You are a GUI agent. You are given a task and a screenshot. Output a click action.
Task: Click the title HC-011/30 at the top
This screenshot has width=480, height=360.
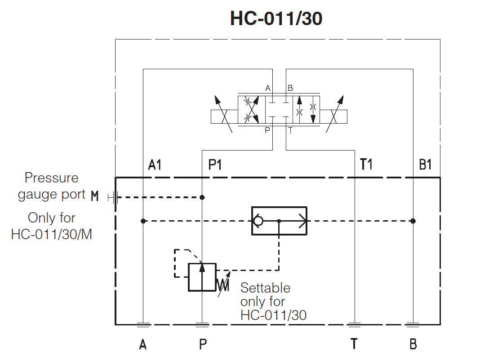tap(276, 19)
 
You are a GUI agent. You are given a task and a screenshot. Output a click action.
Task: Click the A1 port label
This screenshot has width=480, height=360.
tap(155, 165)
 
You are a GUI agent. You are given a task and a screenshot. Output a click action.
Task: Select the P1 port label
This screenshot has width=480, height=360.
tap(215, 165)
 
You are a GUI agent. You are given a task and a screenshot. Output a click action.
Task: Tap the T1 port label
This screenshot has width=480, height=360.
tap(366, 165)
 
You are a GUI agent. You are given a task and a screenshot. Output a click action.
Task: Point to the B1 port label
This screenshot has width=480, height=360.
tap(425, 165)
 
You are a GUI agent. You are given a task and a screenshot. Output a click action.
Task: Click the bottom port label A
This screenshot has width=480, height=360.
tap(143, 344)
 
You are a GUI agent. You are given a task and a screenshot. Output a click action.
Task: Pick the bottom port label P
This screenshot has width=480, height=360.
tap(203, 344)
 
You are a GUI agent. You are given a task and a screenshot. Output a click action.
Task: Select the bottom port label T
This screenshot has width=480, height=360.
tap(354, 344)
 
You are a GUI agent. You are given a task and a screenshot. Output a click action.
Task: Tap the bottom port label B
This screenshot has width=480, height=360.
tap(413, 344)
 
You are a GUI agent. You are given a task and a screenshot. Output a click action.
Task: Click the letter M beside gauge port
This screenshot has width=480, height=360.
tap(94, 196)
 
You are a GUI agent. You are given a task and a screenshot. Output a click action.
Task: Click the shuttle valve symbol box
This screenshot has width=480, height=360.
tap(279, 221)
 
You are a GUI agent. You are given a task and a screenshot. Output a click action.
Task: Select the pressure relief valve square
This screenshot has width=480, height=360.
tap(202, 277)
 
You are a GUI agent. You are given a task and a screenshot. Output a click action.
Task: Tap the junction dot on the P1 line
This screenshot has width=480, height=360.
tap(202, 197)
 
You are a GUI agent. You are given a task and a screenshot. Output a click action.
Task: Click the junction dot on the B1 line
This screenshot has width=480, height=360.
tap(413, 221)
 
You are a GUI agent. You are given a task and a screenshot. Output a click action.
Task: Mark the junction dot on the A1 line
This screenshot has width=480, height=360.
tap(143, 221)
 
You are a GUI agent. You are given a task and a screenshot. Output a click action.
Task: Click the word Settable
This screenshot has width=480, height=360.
tap(265, 288)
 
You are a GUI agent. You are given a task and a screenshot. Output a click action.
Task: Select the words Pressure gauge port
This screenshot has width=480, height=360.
tap(51, 186)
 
